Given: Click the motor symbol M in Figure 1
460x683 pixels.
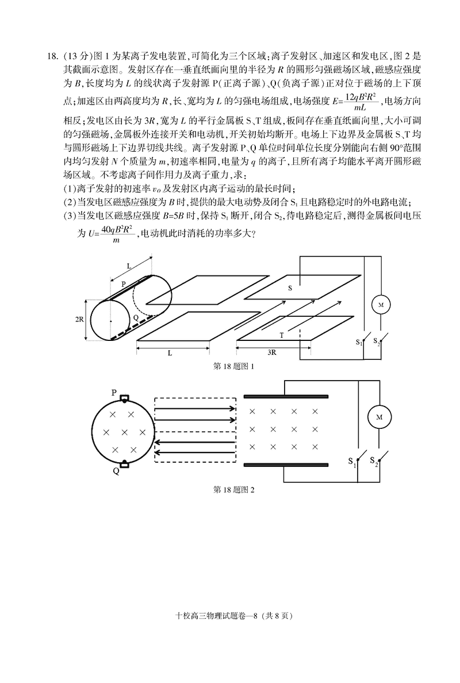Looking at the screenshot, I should tap(379, 305).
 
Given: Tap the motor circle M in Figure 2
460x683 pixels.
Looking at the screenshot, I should tap(379, 418).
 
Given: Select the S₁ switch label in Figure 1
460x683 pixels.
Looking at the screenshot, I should tap(359, 342).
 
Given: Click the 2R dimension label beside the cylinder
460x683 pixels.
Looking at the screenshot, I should tap(80, 320).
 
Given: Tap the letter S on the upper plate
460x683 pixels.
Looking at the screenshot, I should tap(289, 287).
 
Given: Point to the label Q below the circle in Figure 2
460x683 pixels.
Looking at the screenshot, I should tap(116, 471).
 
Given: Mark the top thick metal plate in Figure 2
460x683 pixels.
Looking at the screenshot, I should tap(286, 397).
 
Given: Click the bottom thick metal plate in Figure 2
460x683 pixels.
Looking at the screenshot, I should tap(286, 465).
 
